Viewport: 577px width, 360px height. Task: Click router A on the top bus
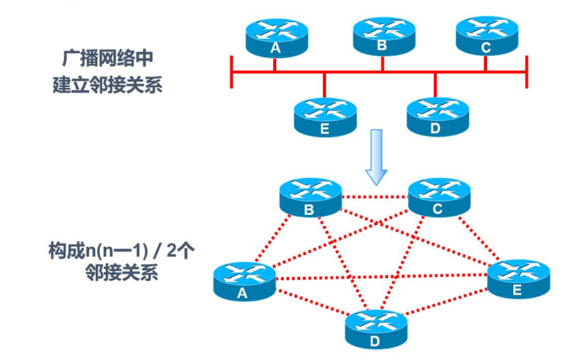pos(274,36)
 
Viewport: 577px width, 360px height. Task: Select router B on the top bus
pos(382,35)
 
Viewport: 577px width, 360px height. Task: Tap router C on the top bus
pos(486,35)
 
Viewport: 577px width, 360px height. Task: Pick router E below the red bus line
pos(325,116)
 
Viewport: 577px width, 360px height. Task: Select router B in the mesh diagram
pos(310,198)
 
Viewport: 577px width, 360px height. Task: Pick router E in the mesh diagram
pos(518,279)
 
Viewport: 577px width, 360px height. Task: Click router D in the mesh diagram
pos(375,329)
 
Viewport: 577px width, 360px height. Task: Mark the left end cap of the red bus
pos(231,71)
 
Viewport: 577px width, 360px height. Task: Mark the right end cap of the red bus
pos(527,71)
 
